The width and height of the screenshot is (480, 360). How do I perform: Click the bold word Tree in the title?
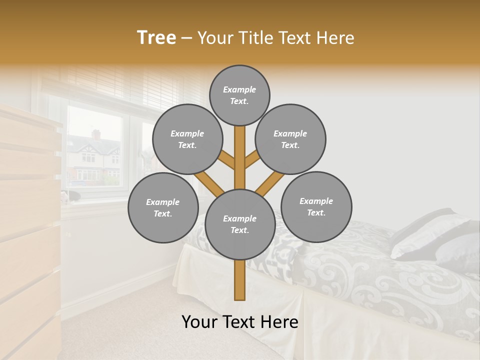point(156,38)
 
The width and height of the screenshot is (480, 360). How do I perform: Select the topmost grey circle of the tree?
point(239,95)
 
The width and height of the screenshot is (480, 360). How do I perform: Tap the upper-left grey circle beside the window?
point(187,139)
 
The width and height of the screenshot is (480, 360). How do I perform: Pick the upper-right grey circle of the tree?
point(290,139)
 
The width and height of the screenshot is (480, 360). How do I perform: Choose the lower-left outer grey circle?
point(163,207)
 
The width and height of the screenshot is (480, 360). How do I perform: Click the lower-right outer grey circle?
point(316,206)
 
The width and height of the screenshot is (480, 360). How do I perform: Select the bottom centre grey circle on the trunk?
point(239,224)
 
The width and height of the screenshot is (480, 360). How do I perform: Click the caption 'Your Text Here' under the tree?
point(239,322)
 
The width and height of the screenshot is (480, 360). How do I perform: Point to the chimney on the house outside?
point(95,134)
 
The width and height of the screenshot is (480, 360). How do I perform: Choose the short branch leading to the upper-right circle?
point(253,159)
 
